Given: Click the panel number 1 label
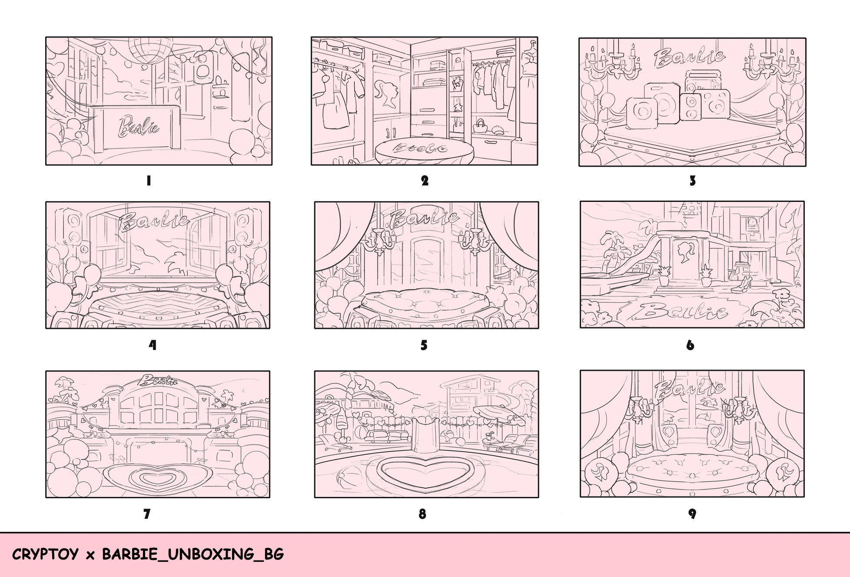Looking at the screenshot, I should (149, 181).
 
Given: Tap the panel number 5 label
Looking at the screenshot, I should (424, 346).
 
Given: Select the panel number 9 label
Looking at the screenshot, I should (692, 514).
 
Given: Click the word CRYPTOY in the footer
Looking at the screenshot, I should (45, 554).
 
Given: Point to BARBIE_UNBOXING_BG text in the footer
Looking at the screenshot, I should (193, 554).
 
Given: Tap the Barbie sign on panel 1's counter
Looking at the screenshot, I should (139, 127).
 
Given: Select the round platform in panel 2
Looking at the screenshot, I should (424, 151).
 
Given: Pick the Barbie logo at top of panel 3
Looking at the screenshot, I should (690, 58).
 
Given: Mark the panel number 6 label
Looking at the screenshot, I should (690, 346).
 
